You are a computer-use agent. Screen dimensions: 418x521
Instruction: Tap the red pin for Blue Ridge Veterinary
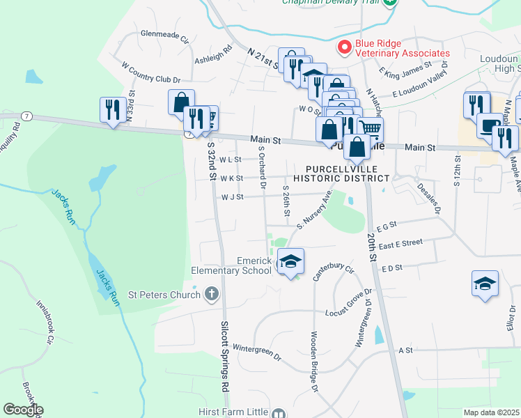click(343, 47)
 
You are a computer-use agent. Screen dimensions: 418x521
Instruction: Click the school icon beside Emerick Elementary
click(290, 262)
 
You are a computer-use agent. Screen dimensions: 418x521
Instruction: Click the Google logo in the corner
click(23, 410)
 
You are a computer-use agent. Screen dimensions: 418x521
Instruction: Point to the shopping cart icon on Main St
click(372, 128)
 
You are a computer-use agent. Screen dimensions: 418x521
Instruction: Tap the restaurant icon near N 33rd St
click(111, 109)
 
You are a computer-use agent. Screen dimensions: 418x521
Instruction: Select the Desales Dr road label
click(429, 197)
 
